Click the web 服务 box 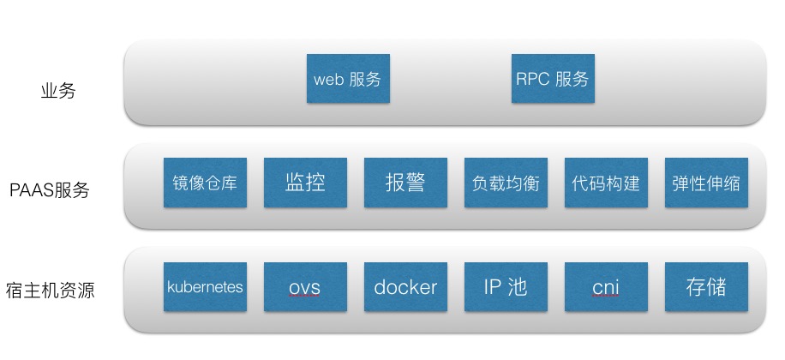tap(347, 81)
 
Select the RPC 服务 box tap(552, 81)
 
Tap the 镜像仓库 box tap(205, 183)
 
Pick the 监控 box tap(305, 183)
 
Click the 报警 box tap(405, 183)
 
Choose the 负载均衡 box tap(506, 183)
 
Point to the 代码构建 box tap(606, 183)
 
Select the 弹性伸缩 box tap(706, 183)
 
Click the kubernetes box tap(205, 287)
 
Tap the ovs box tap(305, 287)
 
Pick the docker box tap(405, 287)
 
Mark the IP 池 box tap(506, 287)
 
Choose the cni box tap(606, 287)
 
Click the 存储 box tap(706, 287)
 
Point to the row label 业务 tap(58, 91)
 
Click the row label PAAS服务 tap(50, 190)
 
